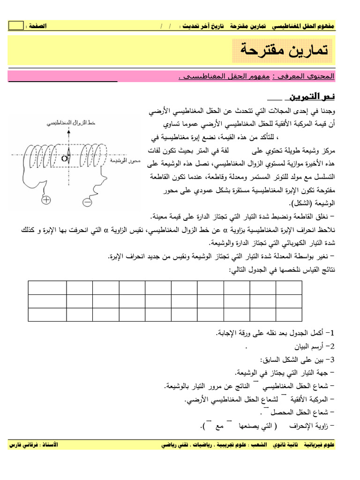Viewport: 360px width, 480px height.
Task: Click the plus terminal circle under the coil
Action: pos(46,200)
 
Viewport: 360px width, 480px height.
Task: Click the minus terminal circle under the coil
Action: pos(87,202)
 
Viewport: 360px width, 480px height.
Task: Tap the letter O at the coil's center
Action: pos(64,158)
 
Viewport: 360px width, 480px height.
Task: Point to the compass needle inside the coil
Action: pos(68,154)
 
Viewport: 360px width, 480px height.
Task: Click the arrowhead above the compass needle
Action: pos(68,132)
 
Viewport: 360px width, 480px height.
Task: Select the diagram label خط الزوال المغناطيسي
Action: pos(71,123)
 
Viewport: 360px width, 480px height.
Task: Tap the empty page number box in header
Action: pos(15,26)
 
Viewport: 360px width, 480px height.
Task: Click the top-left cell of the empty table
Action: pos(47,287)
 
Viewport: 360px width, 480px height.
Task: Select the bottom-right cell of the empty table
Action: pos(289,315)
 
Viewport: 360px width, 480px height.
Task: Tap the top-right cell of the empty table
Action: pos(289,287)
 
